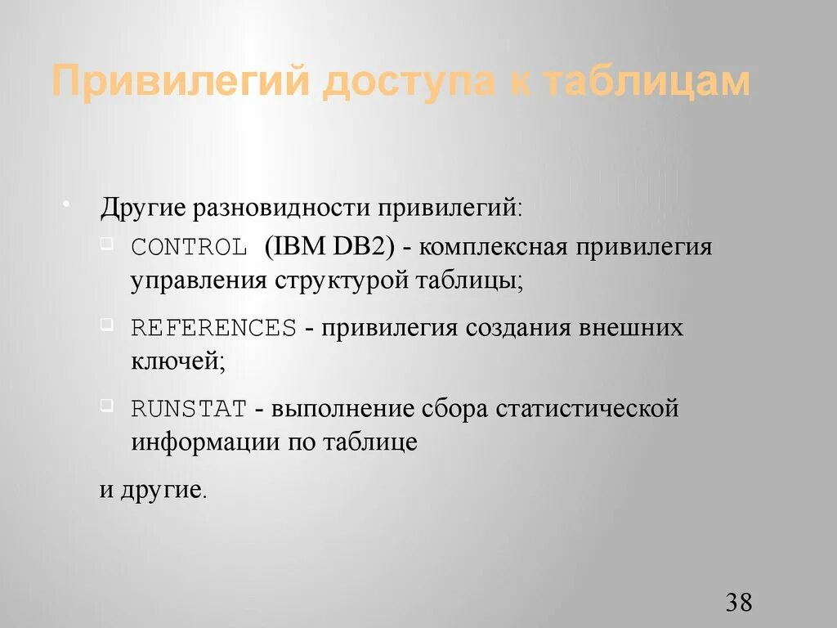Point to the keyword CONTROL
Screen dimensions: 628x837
click(x=189, y=247)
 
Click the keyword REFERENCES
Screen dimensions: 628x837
click(x=213, y=328)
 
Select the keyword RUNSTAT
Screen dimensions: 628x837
click(x=189, y=408)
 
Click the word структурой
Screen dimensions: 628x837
click(x=342, y=280)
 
